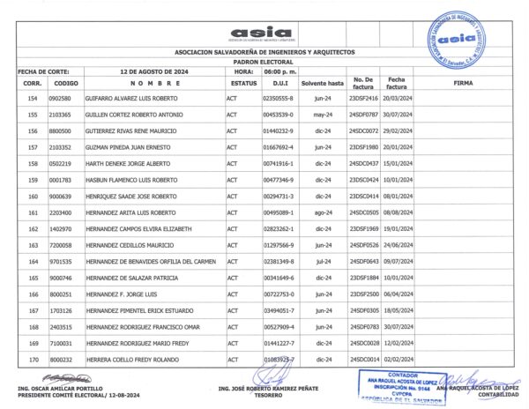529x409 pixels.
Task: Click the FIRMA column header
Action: click(462, 83)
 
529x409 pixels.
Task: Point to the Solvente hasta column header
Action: click(321, 83)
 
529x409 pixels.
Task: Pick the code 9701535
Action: click(60, 262)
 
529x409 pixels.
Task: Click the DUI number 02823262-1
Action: click(278, 229)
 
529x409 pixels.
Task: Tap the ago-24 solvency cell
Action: click(321, 212)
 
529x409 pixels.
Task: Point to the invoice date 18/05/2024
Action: click(399, 311)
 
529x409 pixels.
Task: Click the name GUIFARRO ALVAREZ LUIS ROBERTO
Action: click(130, 99)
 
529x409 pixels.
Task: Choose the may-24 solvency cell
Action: click(321, 115)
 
